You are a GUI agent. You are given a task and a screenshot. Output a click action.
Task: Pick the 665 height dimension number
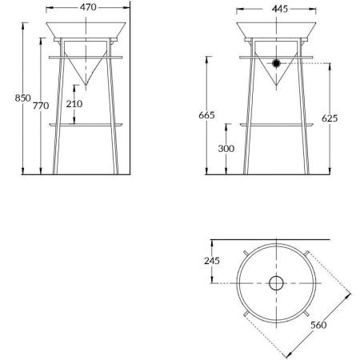click(207, 116)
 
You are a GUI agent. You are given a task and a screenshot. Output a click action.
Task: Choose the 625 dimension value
click(330, 118)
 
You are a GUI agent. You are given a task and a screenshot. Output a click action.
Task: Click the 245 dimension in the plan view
click(212, 260)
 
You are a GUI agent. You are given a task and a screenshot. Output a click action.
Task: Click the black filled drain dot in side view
click(277, 63)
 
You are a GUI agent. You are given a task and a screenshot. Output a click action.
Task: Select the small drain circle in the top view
click(277, 282)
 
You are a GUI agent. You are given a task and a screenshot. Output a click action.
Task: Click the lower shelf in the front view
click(88, 125)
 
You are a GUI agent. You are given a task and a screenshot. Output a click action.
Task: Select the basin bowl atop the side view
click(276, 30)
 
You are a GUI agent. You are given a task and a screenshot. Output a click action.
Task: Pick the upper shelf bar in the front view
click(88, 56)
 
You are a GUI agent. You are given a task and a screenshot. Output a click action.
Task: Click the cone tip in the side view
click(277, 86)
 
